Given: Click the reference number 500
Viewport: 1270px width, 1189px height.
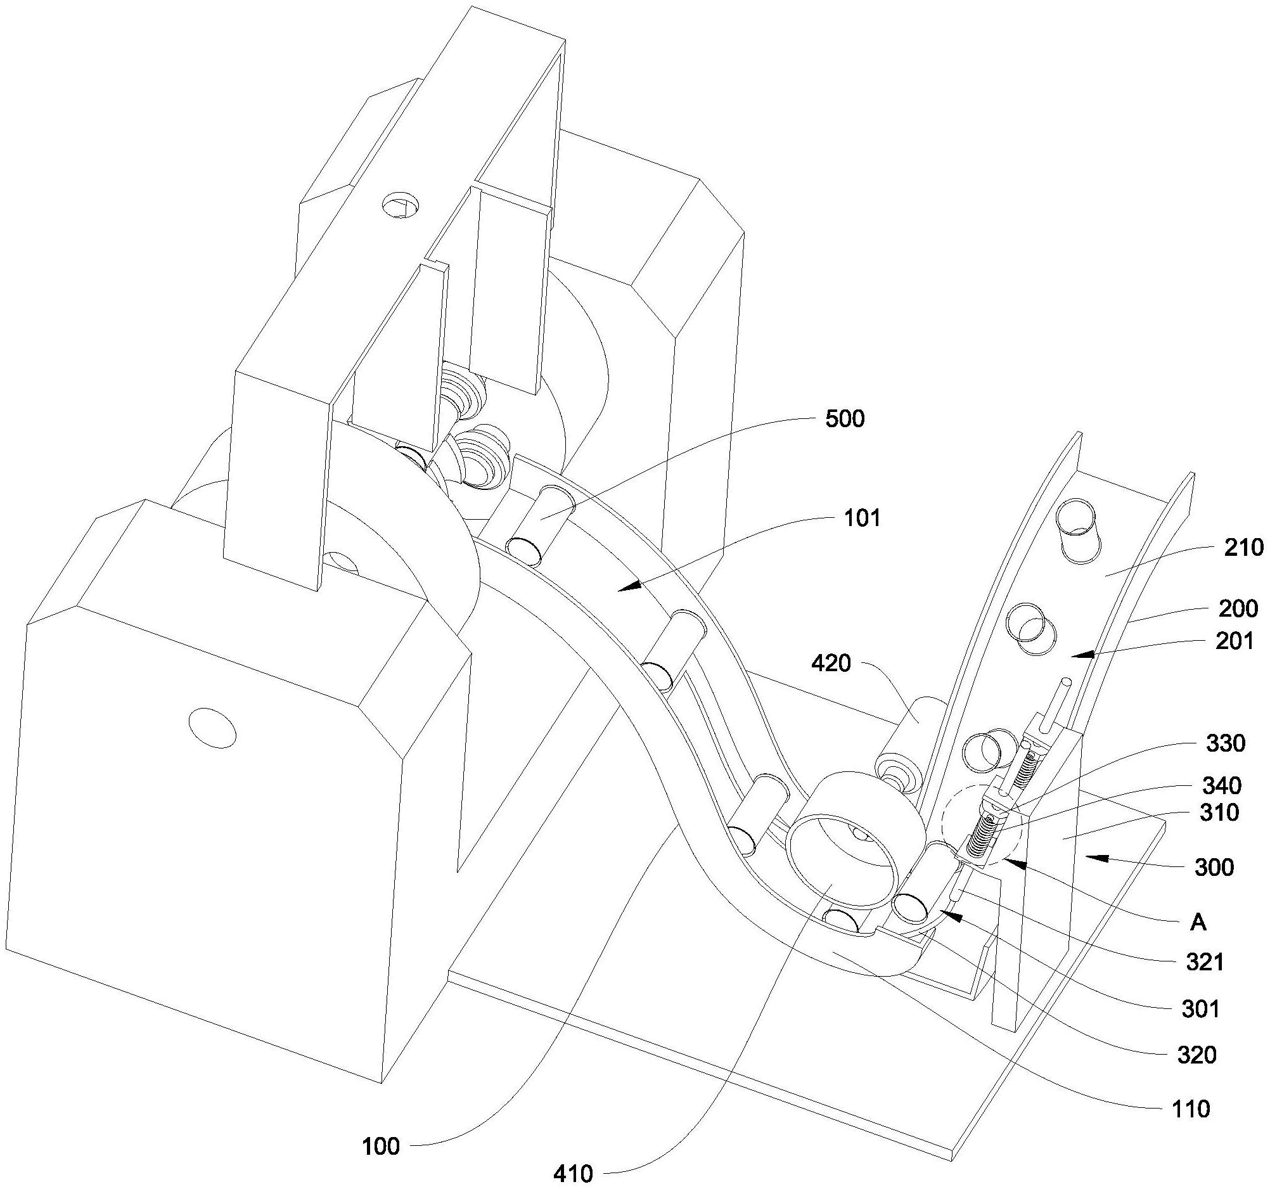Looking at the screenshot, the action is point(845,419).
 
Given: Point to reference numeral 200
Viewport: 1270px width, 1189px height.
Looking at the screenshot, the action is point(1237,609).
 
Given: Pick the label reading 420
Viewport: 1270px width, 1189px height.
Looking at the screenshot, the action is point(831,664).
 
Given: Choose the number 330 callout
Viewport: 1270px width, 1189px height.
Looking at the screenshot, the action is point(1224,743).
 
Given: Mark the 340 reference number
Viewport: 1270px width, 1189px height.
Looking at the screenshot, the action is point(1221,785).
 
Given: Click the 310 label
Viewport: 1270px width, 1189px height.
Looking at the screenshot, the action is point(1219,813).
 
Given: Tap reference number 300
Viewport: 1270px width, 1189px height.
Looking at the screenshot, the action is point(1213,868).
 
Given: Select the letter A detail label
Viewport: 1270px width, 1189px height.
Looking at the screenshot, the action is point(1199,922).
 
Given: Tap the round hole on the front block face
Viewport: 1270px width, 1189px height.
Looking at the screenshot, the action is point(212,727).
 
